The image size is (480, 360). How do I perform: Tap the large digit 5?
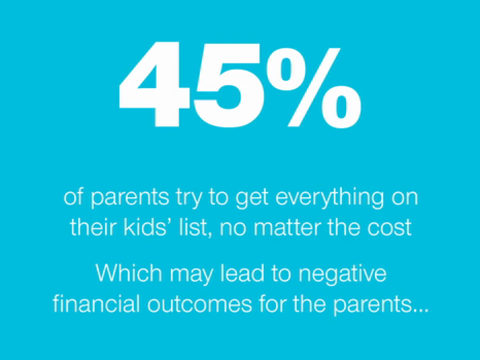point(228,85)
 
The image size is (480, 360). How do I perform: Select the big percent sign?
point(313,87)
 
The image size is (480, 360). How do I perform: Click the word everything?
point(330,198)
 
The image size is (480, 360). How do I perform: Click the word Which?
point(129,273)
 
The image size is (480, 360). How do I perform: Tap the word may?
point(191,275)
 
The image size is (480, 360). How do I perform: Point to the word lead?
point(245,273)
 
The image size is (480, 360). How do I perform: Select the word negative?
point(343,275)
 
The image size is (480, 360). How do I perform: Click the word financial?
point(96,304)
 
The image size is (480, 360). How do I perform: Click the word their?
point(93,227)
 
